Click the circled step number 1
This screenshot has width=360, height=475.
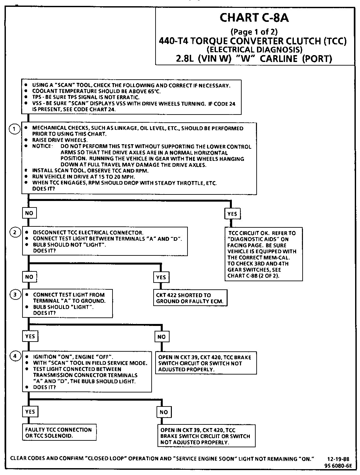click(x=14, y=129)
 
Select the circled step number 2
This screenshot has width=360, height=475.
click(x=15, y=233)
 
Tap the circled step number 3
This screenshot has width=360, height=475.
click(x=15, y=295)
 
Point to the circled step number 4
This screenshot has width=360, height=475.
click(x=15, y=356)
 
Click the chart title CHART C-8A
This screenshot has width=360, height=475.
click(x=254, y=18)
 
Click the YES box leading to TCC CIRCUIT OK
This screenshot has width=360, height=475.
click(x=232, y=214)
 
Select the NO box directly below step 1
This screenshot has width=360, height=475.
click(x=29, y=213)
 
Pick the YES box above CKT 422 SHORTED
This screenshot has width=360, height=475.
click(x=161, y=277)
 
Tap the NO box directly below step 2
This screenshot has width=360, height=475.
click(x=29, y=277)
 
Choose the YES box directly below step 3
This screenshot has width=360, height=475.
click(x=30, y=336)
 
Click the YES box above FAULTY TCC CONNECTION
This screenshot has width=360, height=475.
click(x=30, y=412)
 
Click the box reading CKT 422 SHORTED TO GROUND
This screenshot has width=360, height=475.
click(x=190, y=298)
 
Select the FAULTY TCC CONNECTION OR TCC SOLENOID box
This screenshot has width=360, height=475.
click(x=59, y=433)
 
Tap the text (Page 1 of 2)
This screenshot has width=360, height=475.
click(x=254, y=32)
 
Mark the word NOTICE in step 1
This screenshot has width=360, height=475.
click(x=42, y=146)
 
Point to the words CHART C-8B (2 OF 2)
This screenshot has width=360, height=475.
click(x=253, y=275)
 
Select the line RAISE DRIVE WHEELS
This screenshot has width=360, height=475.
click(x=60, y=140)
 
